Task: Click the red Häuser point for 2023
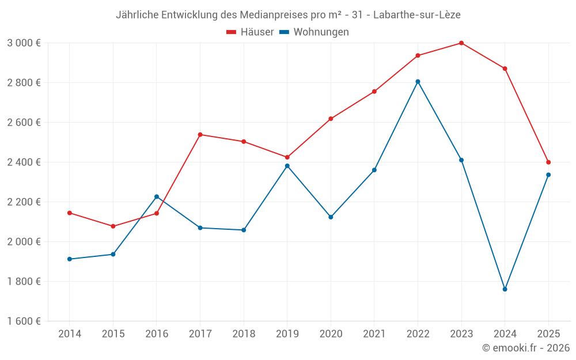click(x=461, y=43)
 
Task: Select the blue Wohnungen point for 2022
click(x=418, y=82)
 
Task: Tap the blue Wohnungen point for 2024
click(x=505, y=289)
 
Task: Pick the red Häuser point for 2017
click(x=200, y=135)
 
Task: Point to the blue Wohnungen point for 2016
click(x=157, y=197)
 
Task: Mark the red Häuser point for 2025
click(x=548, y=162)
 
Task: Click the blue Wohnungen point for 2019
click(x=287, y=166)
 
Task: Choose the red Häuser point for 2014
click(x=70, y=213)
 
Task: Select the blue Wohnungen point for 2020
click(x=331, y=217)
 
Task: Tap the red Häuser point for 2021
click(x=374, y=92)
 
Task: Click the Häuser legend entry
click(x=250, y=32)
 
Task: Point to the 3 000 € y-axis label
click(x=24, y=43)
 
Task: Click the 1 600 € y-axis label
click(x=24, y=321)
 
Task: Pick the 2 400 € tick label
click(x=24, y=162)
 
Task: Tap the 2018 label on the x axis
click(x=244, y=334)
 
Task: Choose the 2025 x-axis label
click(x=548, y=334)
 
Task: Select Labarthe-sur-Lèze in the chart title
click(x=417, y=15)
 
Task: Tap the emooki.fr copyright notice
click(x=525, y=348)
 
